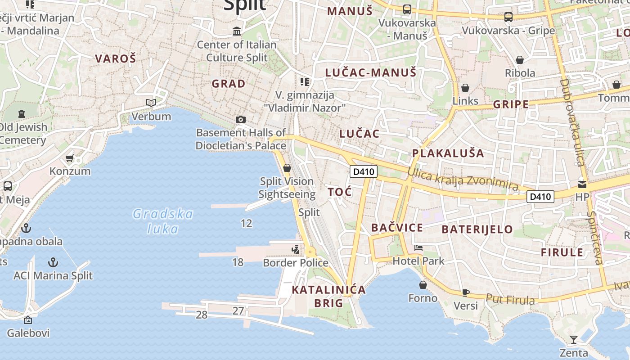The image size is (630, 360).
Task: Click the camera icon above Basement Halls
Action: point(241,119)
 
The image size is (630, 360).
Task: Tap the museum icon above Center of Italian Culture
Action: point(237,31)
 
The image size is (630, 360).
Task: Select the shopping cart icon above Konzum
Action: point(69,158)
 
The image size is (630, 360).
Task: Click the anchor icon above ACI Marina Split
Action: point(53,262)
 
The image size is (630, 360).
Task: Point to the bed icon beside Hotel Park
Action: point(418,248)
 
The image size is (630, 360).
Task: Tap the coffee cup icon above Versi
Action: point(466,292)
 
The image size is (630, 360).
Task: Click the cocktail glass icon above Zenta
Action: point(573,339)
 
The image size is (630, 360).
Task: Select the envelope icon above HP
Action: point(582,184)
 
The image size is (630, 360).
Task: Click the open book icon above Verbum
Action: point(151,103)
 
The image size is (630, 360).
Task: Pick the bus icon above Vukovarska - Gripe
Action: point(508,17)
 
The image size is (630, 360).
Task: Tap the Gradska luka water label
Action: point(163,221)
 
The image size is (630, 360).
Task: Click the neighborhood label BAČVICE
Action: point(397,228)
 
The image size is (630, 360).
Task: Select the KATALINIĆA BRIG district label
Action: point(328,296)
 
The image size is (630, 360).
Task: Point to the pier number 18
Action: point(238,262)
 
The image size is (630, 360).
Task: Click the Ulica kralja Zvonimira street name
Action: point(463,179)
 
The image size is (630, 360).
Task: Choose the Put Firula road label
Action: point(510,299)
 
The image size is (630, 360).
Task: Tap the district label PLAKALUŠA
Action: point(448,153)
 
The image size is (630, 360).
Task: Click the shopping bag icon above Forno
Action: point(423,285)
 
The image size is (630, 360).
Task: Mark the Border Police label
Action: point(296,262)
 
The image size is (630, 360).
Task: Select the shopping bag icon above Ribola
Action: point(520,60)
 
